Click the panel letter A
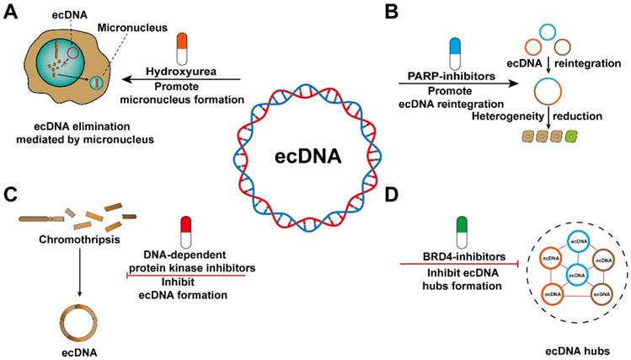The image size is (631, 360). (11, 11)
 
